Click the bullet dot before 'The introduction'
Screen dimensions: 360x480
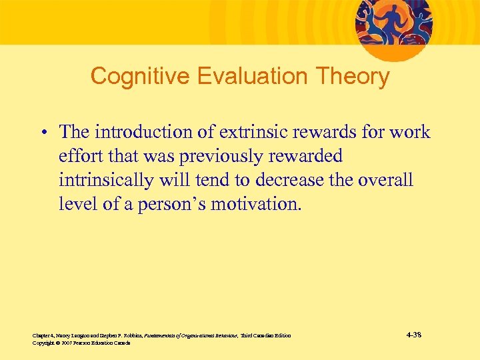tap(42, 133)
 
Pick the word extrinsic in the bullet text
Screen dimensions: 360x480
tap(262, 132)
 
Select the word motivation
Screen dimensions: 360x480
tap(256, 204)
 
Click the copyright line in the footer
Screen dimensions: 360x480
tap(81, 343)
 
